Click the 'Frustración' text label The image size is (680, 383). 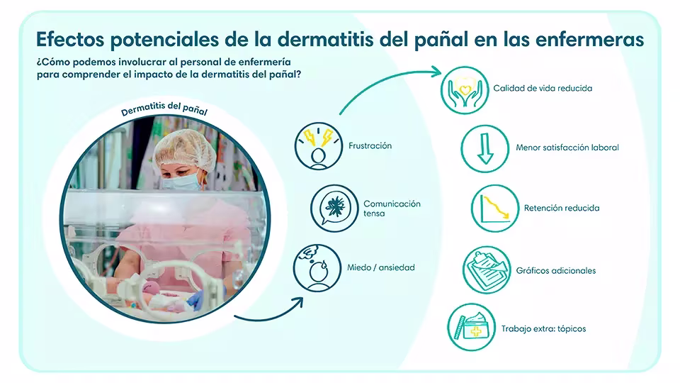370,146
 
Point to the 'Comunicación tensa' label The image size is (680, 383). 392,209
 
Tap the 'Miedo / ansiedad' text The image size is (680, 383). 381,268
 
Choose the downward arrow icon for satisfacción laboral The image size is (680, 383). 484,148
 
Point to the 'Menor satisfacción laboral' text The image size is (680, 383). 567,148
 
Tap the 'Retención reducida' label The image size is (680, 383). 562,209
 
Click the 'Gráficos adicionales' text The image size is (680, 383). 556,271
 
